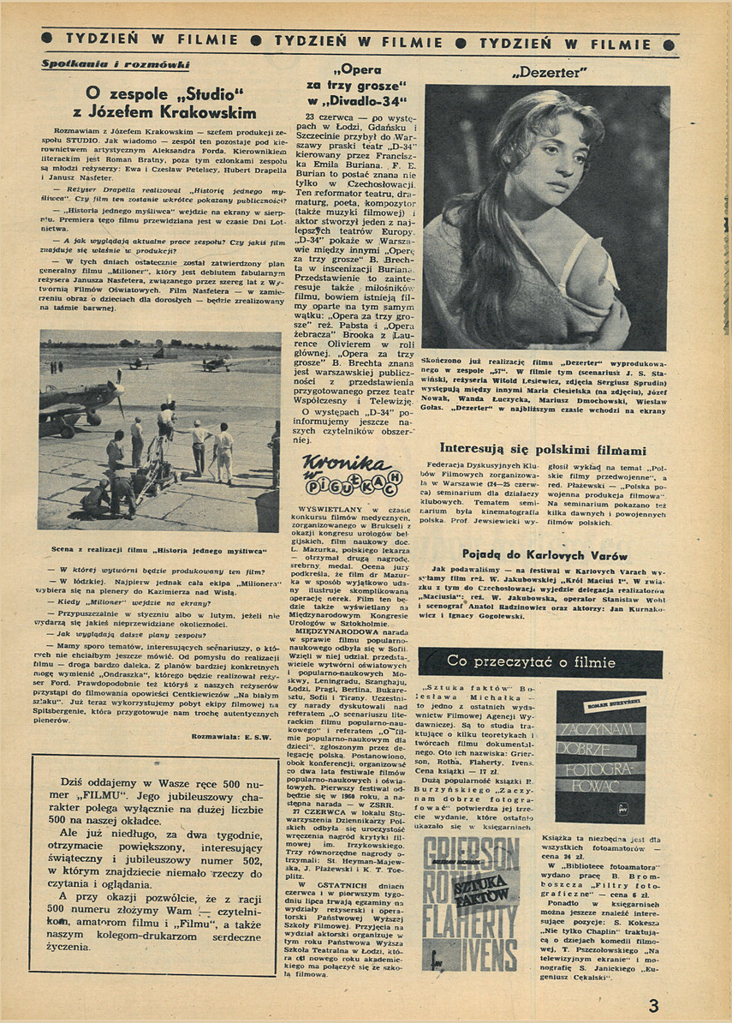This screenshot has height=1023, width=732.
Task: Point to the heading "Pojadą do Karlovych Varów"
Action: click(545, 554)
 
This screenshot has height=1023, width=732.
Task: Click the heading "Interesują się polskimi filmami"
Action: click(543, 449)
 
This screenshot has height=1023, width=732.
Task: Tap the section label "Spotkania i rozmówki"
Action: click(116, 65)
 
